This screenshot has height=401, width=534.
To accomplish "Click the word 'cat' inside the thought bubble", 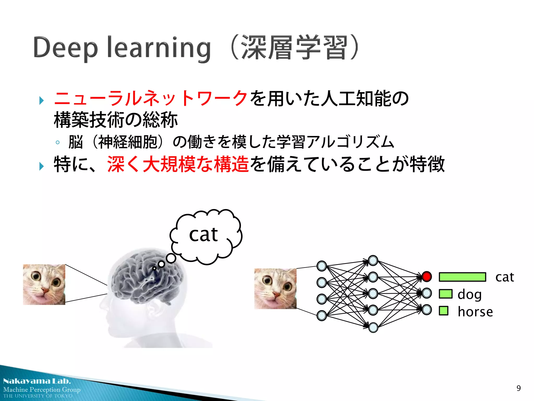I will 203,234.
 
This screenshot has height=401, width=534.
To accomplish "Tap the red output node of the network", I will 427,276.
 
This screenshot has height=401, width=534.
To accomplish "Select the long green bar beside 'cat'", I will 462,277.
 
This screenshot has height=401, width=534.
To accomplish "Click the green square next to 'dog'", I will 445,294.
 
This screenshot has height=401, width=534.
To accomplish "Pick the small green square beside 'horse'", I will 443,311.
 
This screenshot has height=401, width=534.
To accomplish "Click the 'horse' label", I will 475,312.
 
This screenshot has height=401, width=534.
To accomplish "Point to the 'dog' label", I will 469,294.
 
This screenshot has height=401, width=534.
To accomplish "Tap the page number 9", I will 518,388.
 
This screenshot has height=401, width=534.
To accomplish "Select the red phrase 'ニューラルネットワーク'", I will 151,98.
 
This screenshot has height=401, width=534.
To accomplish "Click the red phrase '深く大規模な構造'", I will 178,164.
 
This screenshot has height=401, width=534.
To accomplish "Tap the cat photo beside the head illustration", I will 44,285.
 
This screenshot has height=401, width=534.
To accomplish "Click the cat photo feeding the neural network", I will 275,289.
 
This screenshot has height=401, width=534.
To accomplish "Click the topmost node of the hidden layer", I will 373,261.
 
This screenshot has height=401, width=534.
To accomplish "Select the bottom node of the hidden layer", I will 373,327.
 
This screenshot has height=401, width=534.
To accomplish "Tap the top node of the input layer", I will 322,266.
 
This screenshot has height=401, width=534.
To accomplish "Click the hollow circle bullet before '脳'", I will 58,143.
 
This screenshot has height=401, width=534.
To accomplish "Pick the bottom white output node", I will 427,310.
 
